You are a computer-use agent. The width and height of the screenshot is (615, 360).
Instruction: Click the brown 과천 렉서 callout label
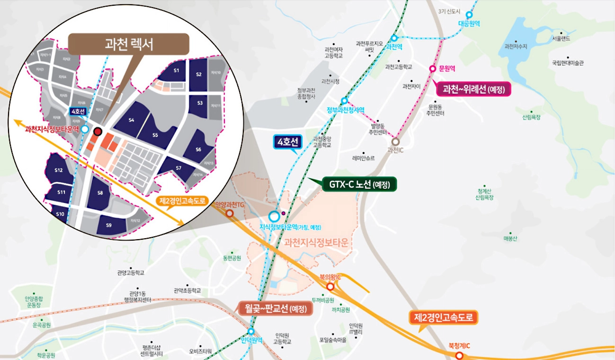click(x=129, y=44)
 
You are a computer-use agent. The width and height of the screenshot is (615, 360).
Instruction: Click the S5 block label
click(x=155, y=135)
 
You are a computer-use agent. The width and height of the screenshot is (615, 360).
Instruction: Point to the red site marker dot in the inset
click(x=98, y=131)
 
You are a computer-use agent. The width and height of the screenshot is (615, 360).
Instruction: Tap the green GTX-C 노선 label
click(x=359, y=184)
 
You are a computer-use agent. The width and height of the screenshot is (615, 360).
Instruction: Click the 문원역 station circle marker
click(x=432, y=69)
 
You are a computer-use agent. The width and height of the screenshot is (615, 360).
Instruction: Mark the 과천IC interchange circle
click(x=396, y=141)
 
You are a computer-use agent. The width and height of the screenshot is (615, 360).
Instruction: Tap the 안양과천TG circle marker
click(x=230, y=214)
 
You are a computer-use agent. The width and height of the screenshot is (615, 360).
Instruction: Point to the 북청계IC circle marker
click(x=458, y=355)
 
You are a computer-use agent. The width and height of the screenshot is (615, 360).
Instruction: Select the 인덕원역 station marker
click(x=251, y=331)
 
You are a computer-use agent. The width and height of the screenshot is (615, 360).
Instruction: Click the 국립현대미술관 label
click(x=568, y=63)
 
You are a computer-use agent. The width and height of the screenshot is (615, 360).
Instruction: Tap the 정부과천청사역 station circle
click(x=344, y=100)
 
